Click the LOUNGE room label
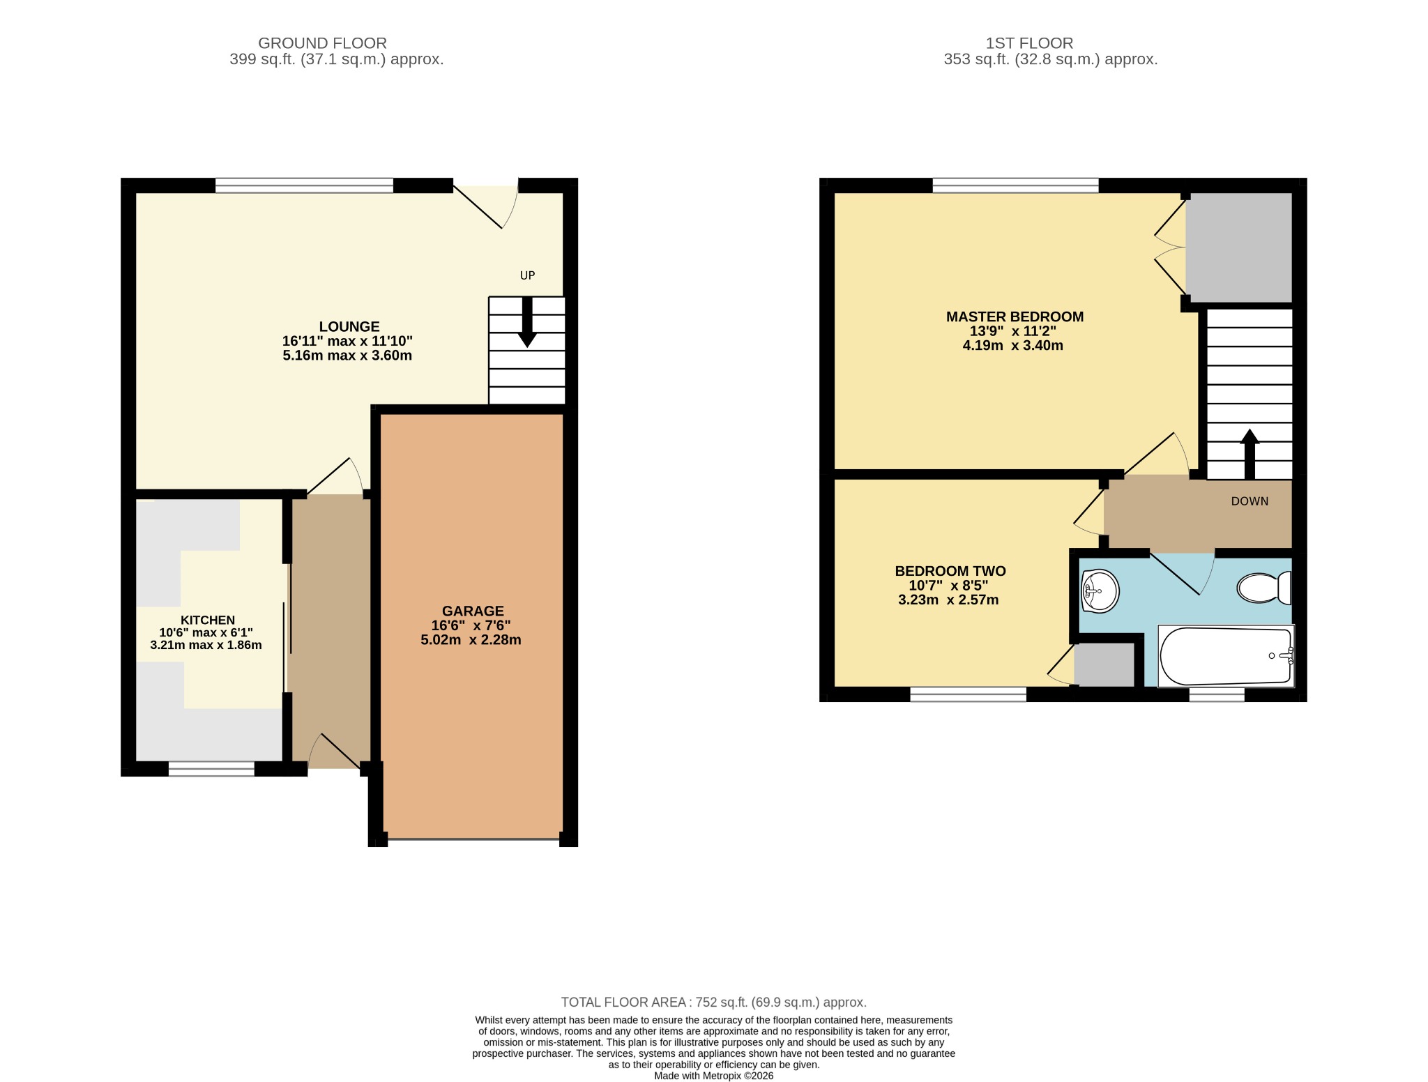click(x=349, y=326)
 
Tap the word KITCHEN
click(x=208, y=620)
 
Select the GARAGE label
click(x=473, y=611)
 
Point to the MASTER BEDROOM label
click(x=1015, y=317)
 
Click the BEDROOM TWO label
click(x=950, y=571)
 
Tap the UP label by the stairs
click(x=527, y=275)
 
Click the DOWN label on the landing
click(x=1249, y=501)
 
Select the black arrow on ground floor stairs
click(x=527, y=321)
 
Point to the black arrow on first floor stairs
click(x=1249, y=454)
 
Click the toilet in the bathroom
click(x=1263, y=588)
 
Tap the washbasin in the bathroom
click(x=1099, y=591)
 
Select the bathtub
click(x=1226, y=656)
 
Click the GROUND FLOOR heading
click(x=322, y=43)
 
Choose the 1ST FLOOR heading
click(x=1029, y=43)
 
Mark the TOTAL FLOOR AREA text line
click(x=714, y=1003)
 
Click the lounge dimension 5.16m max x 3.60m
click(x=347, y=356)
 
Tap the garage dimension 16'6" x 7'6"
click(x=471, y=625)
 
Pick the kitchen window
click(x=211, y=768)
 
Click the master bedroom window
click(x=1015, y=185)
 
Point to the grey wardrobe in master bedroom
click(x=1239, y=247)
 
